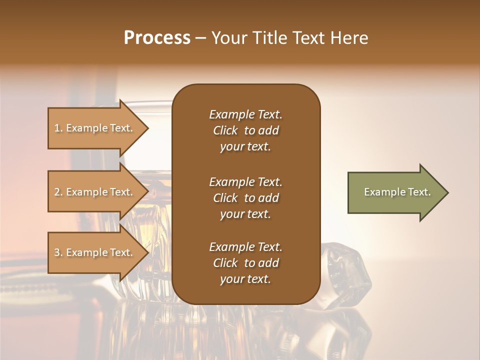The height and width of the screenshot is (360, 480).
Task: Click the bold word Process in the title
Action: pyautogui.click(x=157, y=38)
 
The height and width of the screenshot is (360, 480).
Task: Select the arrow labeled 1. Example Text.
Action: pyautogui.click(x=95, y=128)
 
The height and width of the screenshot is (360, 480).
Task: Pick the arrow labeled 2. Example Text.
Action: pyautogui.click(x=95, y=192)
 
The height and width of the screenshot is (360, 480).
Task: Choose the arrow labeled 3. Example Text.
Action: pyautogui.click(x=95, y=252)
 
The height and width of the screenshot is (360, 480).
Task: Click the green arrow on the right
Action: pyautogui.click(x=395, y=192)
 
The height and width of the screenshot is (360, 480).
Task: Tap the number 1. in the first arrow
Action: pyautogui.click(x=58, y=128)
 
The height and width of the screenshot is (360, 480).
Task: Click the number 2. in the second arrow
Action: pyautogui.click(x=58, y=192)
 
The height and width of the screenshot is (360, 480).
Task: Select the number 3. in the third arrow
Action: pyautogui.click(x=58, y=252)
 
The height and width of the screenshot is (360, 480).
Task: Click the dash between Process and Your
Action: pyautogui.click(x=200, y=38)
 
